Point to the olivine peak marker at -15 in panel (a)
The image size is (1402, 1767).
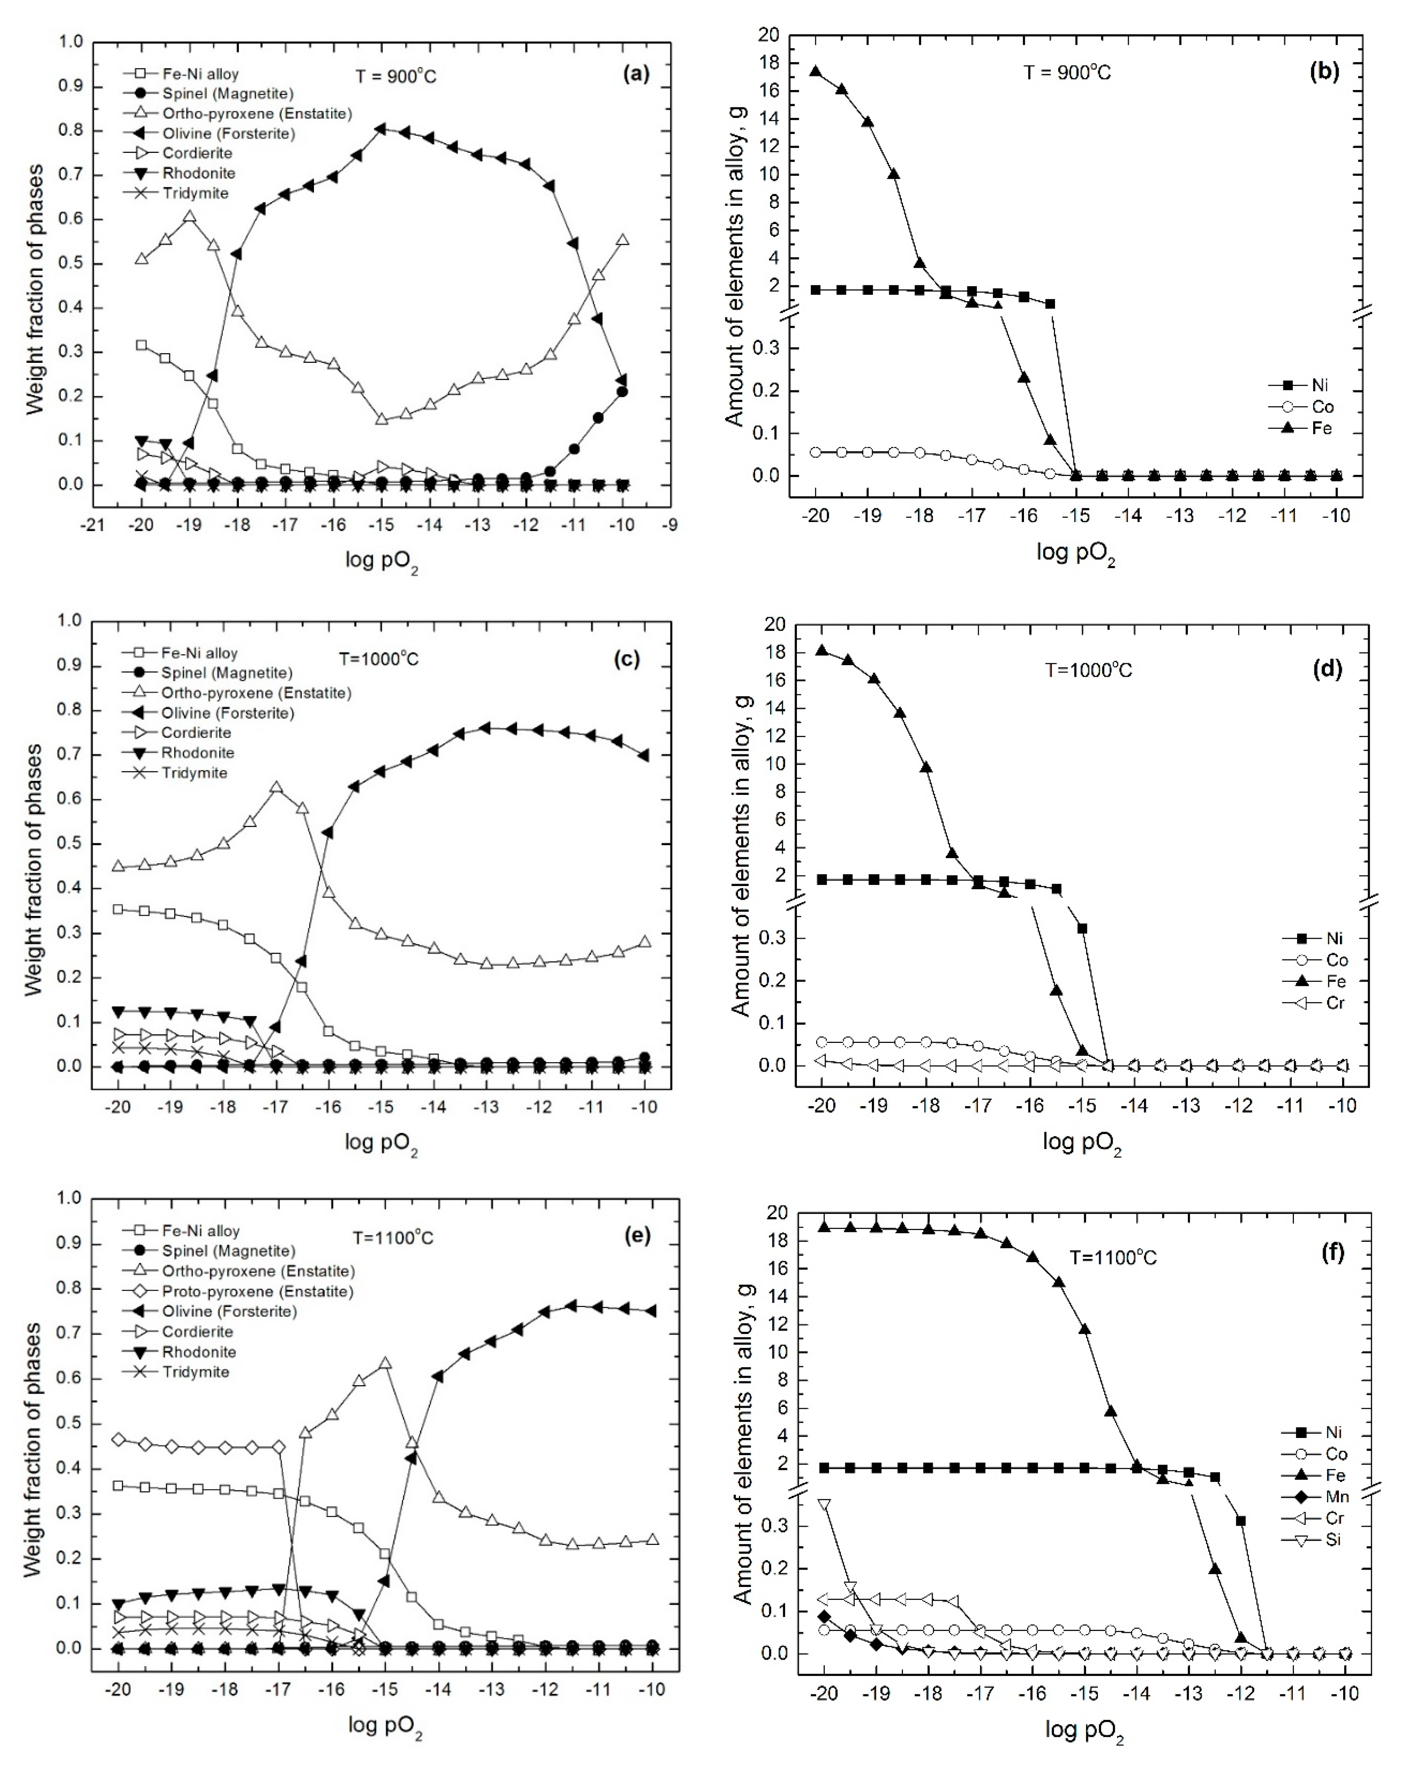click(381, 129)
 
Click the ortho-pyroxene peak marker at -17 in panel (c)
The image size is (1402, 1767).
click(276, 788)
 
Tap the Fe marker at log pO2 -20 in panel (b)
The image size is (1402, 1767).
click(815, 71)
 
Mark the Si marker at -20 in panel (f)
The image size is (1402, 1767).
click(824, 1505)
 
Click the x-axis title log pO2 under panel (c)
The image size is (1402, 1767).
click(381, 1142)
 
